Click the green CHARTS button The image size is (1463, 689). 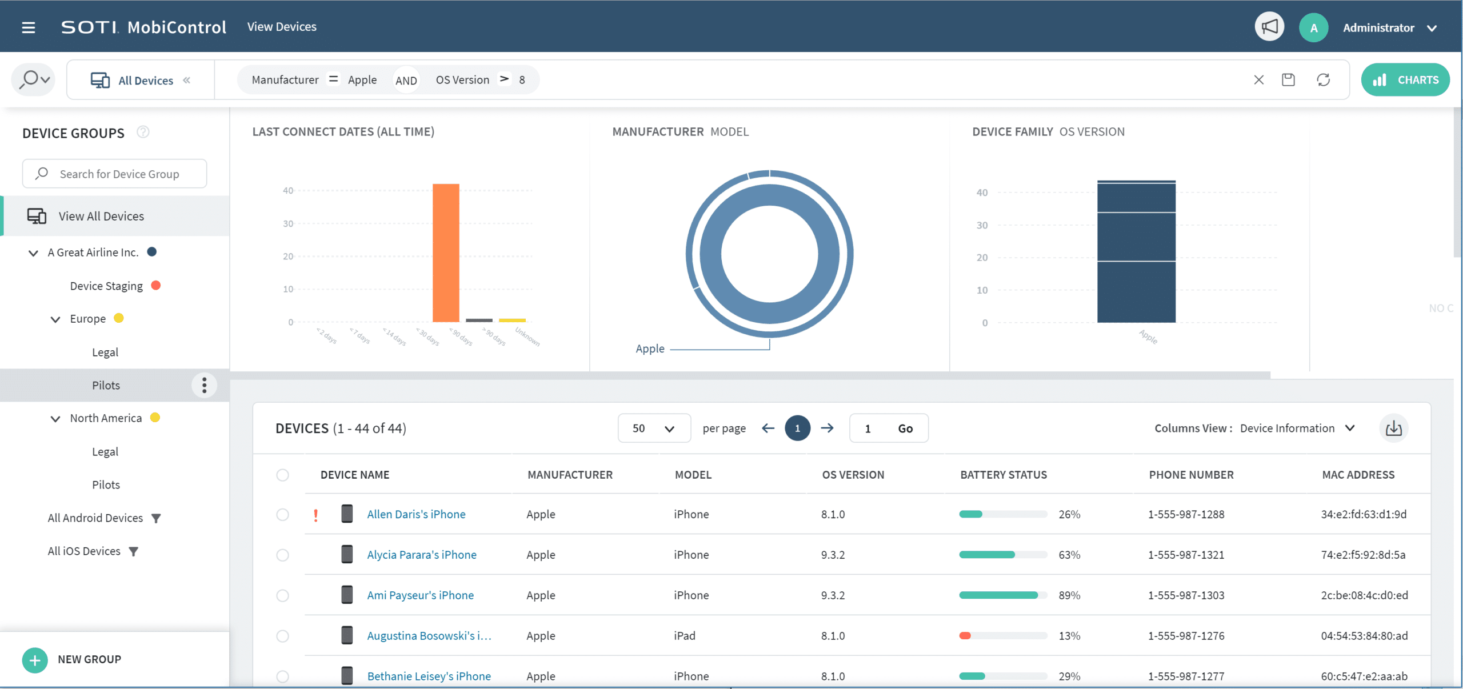[1405, 80]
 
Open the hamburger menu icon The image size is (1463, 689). [29, 27]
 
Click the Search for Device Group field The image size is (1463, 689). [114, 174]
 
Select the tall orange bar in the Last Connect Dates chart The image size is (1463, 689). [446, 253]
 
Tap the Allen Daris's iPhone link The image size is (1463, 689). [416, 514]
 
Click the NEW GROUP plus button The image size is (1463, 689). [35, 660]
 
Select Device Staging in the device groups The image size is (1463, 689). [106, 286]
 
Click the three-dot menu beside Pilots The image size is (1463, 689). [204, 385]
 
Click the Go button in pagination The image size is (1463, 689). [905, 428]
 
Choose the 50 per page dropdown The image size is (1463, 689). [654, 428]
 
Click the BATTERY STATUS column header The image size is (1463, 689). [1004, 475]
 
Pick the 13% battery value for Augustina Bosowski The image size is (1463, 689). [1069, 636]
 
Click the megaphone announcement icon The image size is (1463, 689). [1269, 27]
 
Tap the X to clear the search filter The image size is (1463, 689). [1259, 80]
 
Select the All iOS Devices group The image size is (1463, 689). [84, 551]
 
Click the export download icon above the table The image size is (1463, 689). [1394, 428]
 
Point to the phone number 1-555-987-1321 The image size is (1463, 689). [1186, 555]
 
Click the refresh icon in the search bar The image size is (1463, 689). [1324, 80]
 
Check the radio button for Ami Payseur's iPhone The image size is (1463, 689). [282, 595]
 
